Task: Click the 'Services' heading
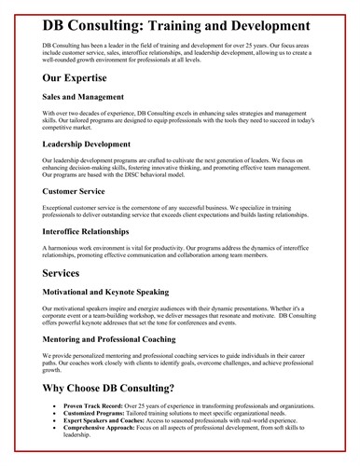coord(68,275)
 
